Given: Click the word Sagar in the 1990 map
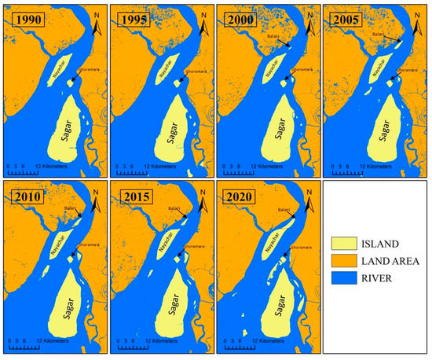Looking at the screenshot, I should pyautogui.click(x=62, y=126).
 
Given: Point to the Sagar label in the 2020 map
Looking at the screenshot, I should pyautogui.click(x=276, y=303).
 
